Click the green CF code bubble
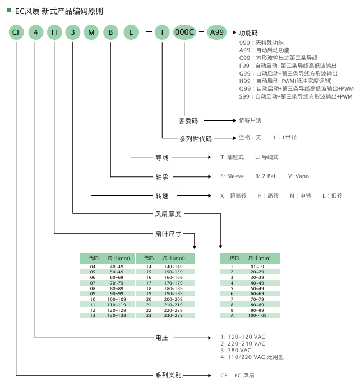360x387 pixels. point(16,32)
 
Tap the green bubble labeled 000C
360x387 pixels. point(184,32)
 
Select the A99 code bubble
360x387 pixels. point(216,32)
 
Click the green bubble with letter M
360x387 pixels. point(91,32)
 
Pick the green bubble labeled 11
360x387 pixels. point(54,32)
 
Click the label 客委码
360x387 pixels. point(188,120)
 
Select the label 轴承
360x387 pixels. point(161,176)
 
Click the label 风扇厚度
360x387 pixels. point(168,213)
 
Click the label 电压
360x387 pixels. point(161,338)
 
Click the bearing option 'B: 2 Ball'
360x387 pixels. point(266,176)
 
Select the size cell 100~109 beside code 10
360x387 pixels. point(116,299)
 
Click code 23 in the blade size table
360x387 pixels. point(149,315)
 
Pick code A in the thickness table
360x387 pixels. point(232,315)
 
